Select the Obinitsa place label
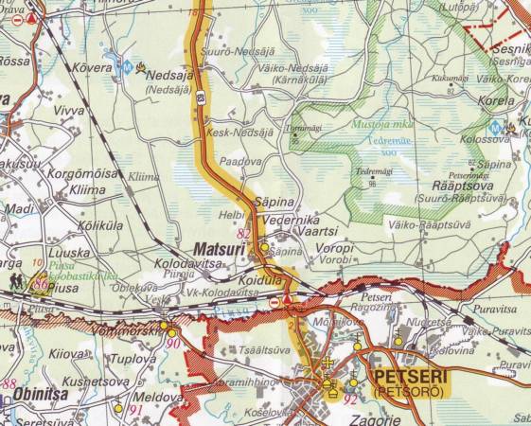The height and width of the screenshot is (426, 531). tap(41, 395)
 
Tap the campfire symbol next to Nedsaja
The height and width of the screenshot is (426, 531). tap(142, 67)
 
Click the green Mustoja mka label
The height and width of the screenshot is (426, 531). tap(355, 124)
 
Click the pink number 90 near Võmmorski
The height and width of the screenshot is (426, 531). tap(173, 342)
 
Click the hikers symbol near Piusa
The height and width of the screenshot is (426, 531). tap(19, 281)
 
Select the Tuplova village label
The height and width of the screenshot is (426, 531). tap(134, 360)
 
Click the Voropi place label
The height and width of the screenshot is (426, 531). tap(336, 248)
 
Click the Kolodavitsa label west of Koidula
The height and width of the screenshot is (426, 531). tap(177, 268)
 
